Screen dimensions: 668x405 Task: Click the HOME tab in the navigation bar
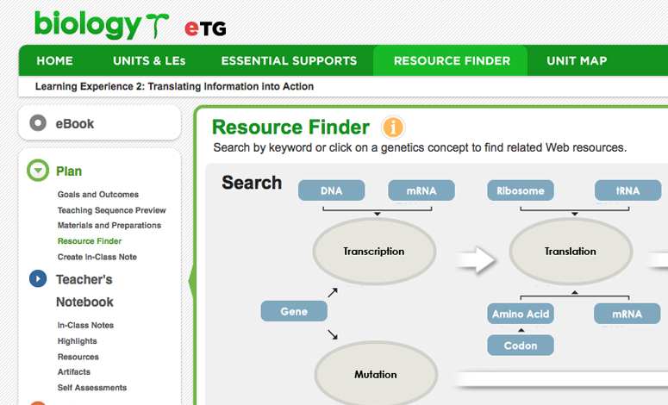[x=54, y=61]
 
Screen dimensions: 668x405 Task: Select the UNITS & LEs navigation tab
[x=149, y=61]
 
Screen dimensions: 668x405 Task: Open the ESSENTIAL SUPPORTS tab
[x=289, y=61]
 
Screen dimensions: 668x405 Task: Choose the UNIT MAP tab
[x=577, y=61]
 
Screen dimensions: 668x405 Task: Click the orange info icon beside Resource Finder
[x=393, y=127]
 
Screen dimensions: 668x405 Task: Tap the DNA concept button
[x=332, y=190]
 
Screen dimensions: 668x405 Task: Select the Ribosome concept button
[x=521, y=190]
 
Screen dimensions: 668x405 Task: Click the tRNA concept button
[x=628, y=190]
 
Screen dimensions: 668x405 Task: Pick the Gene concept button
[x=294, y=311]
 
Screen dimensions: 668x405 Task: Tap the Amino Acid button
[x=521, y=314]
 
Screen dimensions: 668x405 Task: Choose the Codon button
[x=521, y=346]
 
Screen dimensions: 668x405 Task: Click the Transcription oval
[x=374, y=252]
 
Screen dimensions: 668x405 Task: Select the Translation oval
[x=571, y=252]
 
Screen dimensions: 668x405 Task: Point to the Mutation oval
[x=376, y=374]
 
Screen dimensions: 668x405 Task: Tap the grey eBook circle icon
[x=38, y=123]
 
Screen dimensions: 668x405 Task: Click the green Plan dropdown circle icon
[x=38, y=171]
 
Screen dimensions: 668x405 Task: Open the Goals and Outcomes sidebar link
[x=98, y=195]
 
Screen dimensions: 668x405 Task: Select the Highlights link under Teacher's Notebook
[x=77, y=341]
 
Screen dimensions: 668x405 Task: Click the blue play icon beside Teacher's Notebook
[x=38, y=278]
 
